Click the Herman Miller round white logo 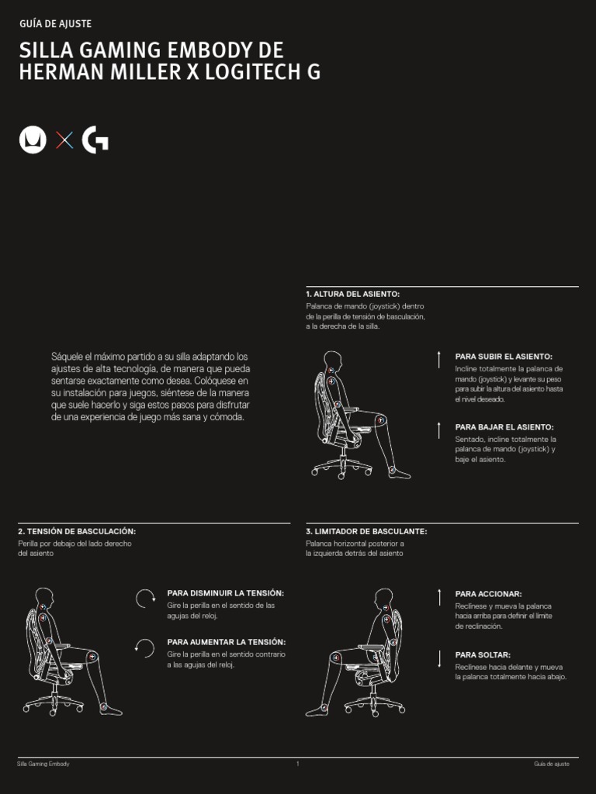[x=33, y=140]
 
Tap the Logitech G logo [x=95, y=140]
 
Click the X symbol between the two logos [x=65, y=140]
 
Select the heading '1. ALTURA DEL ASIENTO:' [x=353, y=295]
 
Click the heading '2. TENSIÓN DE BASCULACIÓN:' [x=77, y=531]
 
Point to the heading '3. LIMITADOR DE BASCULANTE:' [x=366, y=531]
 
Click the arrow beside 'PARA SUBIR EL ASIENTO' [x=439, y=358]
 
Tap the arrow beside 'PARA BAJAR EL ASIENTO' [x=439, y=430]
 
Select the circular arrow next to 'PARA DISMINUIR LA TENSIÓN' [x=145, y=599]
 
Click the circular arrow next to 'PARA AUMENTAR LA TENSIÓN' [x=145, y=647]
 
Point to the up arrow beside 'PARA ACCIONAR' [x=439, y=597]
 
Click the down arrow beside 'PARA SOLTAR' [x=439, y=659]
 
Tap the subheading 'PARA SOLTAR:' [x=483, y=654]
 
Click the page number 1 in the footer [x=297, y=765]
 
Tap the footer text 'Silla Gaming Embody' [x=43, y=765]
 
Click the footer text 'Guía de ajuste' [x=551, y=765]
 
